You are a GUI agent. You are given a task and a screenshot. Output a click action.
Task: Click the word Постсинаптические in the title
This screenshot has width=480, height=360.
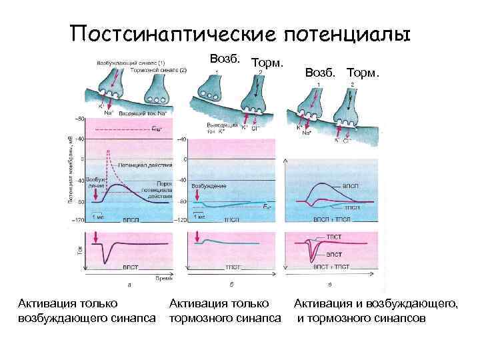coord(172,33)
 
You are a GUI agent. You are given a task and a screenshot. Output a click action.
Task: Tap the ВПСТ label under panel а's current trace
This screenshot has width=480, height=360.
coord(131,266)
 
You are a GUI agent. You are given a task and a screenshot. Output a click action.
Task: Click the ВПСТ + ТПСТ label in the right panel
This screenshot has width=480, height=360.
coord(331,266)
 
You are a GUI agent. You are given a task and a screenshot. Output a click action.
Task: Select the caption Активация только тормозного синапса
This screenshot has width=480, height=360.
coord(225,311)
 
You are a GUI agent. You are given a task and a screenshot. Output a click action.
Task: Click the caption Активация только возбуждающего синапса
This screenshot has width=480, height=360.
coord(85,311)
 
